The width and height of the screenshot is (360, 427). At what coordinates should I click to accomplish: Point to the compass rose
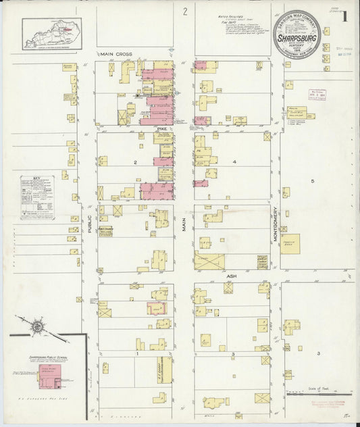[x=38, y=327]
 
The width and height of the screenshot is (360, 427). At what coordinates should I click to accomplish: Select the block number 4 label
[x=234, y=162]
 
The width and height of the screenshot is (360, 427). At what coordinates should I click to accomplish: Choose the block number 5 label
[x=313, y=181]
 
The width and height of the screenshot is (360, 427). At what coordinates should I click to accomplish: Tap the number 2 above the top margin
[x=184, y=11]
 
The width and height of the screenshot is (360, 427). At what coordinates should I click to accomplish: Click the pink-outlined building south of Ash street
[x=157, y=309]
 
